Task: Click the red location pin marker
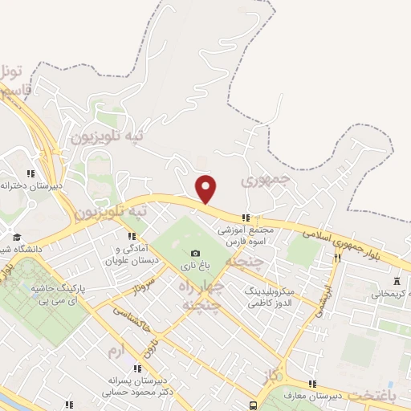click(x=206, y=189)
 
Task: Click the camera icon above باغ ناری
click(x=195, y=254)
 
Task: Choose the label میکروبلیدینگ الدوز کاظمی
click(x=270, y=298)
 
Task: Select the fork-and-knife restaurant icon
click(x=337, y=258)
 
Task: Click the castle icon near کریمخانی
click(x=397, y=282)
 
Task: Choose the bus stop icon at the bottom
click(x=254, y=405)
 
